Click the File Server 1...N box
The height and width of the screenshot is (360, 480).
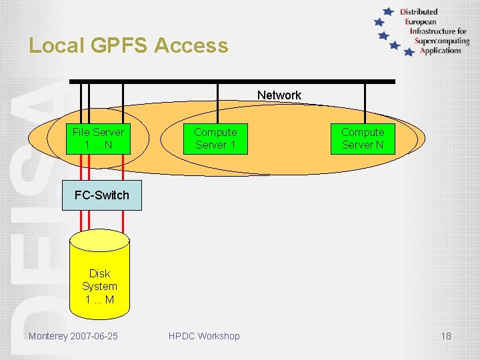pyautogui.click(x=98, y=139)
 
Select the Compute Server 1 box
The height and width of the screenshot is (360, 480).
pyautogui.click(x=215, y=139)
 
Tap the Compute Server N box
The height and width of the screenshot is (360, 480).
pyautogui.click(x=363, y=139)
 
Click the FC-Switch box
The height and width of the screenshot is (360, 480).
pyautogui.click(x=102, y=195)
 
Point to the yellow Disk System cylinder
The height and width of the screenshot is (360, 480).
pyautogui.click(x=99, y=280)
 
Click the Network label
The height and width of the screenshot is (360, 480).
pyautogui.click(x=279, y=95)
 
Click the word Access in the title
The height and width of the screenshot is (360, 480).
pyautogui.click(x=191, y=45)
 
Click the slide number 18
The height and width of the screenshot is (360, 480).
pyautogui.click(x=446, y=336)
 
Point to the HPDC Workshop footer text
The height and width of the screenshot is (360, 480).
pyautogui.click(x=204, y=336)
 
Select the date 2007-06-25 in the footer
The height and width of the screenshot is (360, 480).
pyautogui.click(x=94, y=336)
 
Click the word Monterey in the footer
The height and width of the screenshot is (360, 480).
pyautogui.click(x=48, y=336)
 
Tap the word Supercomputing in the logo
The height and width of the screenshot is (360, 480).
pyautogui.click(x=442, y=41)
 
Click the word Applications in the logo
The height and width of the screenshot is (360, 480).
pyautogui.click(x=441, y=51)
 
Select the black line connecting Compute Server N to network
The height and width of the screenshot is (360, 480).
pyautogui.click(x=365, y=103)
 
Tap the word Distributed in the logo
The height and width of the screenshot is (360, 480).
pyautogui.click(x=419, y=11)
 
